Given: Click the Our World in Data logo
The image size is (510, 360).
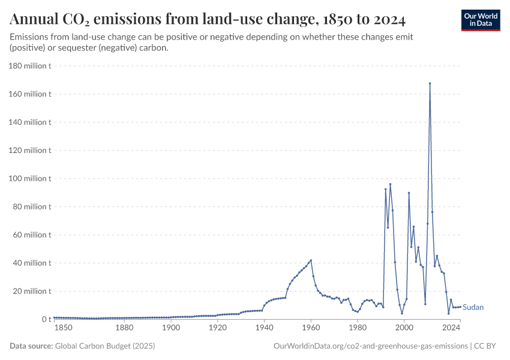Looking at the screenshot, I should pyautogui.click(x=480, y=20).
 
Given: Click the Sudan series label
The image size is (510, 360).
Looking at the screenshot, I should pyautogui.click(x=473, y=307).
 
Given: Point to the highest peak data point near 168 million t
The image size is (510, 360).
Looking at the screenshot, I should pyautogui.click(x=430, y=83).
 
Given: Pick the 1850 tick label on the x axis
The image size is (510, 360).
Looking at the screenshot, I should pyautogui.click(x=63, y=328).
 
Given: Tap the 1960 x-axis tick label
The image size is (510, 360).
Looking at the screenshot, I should pyautogui.click(x=311, y=328).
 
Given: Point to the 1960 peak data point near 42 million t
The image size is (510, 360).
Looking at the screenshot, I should pyautogui.click(x=311, y=260).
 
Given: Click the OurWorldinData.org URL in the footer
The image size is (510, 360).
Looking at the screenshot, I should pyautogui.click(x=370, y=346).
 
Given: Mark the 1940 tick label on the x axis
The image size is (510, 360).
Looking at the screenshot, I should pyautogui.click(x=264, y=328).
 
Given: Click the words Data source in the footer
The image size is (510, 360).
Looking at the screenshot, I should pyautogui.click(x=31, y=346).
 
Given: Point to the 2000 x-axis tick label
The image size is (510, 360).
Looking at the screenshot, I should pyautogui.click(x=404, y=328).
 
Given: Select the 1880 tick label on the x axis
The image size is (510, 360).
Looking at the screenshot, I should pyautogui.click(x=124, y=328).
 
